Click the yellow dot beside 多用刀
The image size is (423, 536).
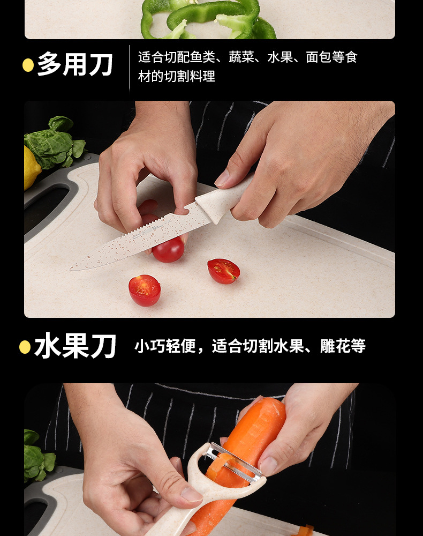tap(28, 65)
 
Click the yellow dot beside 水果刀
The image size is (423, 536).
tap(25, 347)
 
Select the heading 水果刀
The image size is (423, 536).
tap(75, 347)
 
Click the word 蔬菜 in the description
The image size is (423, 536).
tap(241, 57)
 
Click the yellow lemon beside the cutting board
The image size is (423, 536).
tap(31, 167)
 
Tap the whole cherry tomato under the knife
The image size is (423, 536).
tap(168, 250)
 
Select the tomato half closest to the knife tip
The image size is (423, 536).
tap(145, 290)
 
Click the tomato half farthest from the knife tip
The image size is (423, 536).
tap(224, 271)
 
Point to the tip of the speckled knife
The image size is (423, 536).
tap(72, 267)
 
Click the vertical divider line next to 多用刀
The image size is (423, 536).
tap(129, 67)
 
